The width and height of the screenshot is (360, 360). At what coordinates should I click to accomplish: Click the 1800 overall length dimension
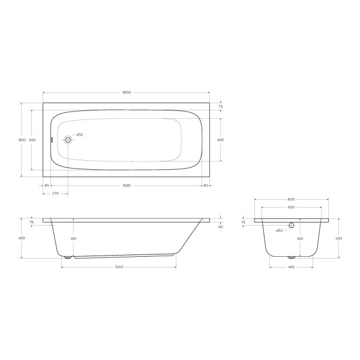126,92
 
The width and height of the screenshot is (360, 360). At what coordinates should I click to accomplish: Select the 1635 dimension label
126,185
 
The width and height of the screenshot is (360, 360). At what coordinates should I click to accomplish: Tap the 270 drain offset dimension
55,194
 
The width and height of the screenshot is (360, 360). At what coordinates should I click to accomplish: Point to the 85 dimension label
47,185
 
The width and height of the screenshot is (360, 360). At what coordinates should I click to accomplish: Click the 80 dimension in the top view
205,185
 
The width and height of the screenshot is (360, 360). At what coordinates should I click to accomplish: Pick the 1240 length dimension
119,266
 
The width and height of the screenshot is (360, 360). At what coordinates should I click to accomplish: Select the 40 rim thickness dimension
221,227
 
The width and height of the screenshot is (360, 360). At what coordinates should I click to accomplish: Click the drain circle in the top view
68,140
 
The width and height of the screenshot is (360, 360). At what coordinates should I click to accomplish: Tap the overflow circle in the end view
291,226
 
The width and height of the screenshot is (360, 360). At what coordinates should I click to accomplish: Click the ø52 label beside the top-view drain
79,135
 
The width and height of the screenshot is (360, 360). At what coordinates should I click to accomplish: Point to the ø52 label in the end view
279,231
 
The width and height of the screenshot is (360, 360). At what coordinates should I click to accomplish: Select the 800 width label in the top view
22,140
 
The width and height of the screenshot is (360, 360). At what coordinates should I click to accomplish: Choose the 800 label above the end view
291,199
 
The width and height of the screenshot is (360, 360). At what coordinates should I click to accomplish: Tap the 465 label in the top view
220,140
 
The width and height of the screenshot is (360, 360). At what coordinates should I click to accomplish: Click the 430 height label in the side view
22,238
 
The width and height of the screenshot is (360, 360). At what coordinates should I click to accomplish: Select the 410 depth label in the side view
74,238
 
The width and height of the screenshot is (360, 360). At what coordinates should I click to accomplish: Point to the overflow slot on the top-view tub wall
52,140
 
